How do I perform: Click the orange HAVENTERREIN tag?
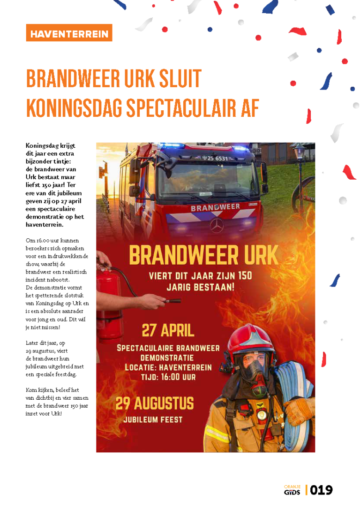point(69,33)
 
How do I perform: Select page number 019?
point(322,490)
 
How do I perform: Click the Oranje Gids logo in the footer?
point(292,490)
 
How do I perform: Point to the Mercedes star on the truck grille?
point(216,226)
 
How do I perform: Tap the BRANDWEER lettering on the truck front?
point(216,207)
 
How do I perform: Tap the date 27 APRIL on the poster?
point(168,330)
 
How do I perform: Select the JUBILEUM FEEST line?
point(153,419)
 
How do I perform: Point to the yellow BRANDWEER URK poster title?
point(203,256)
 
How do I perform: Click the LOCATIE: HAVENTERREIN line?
point(168,367)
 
